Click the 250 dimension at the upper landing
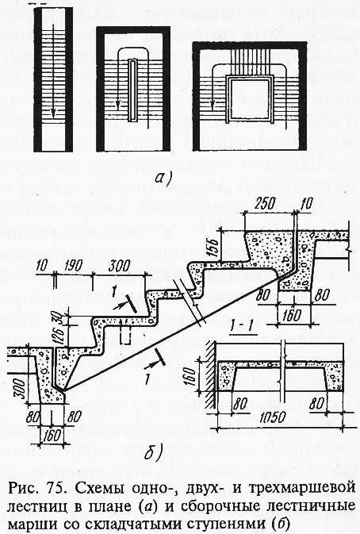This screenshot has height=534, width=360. (x=264, y=203)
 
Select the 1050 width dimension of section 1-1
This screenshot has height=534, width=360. (x=272, y=417)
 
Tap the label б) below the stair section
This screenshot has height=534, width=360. (x=152, y=452)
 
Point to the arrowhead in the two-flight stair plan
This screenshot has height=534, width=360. (x=117, y=105)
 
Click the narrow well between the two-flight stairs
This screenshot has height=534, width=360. (x=133, y=90)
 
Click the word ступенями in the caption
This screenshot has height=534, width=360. (x=228, y=524)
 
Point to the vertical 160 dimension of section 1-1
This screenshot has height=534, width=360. (x=191, y=375)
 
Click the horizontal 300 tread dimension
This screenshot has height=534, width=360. (x=119, y=266)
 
